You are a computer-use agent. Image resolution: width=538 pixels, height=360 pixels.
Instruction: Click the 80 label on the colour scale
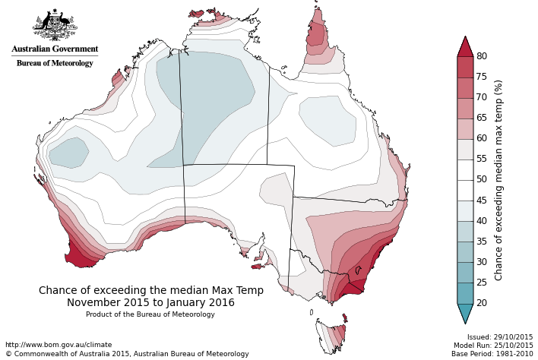pos(482,56)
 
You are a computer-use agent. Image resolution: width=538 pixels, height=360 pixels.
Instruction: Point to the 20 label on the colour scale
pos(482,303)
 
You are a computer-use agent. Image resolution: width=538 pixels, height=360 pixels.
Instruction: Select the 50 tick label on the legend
pos(482,180)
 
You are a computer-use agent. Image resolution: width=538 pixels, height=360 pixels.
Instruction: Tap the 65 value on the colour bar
pos(482,118)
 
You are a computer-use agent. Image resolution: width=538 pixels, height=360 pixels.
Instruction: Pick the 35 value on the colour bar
pos(482,242)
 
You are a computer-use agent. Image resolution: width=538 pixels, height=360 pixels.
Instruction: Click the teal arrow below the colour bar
pos(465,313)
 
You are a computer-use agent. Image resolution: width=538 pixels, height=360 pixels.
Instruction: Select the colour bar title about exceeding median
pos(499,180)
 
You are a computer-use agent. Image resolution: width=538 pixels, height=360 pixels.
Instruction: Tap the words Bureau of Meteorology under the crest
pos(55,63)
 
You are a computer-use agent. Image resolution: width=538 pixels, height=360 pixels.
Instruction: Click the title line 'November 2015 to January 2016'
pos(151,302)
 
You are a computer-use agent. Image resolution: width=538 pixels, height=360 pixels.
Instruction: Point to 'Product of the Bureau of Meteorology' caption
pos(150,314)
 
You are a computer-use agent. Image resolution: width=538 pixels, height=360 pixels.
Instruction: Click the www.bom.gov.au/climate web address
pos(59,345)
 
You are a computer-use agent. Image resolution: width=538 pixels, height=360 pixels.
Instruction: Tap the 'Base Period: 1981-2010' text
pos(492,354)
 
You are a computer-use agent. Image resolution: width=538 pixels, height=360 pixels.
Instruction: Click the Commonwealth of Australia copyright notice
pos(127,354)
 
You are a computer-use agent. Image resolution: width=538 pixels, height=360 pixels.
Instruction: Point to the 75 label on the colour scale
pos(482,77)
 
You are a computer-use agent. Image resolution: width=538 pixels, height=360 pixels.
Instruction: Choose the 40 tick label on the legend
pos(482,221)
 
